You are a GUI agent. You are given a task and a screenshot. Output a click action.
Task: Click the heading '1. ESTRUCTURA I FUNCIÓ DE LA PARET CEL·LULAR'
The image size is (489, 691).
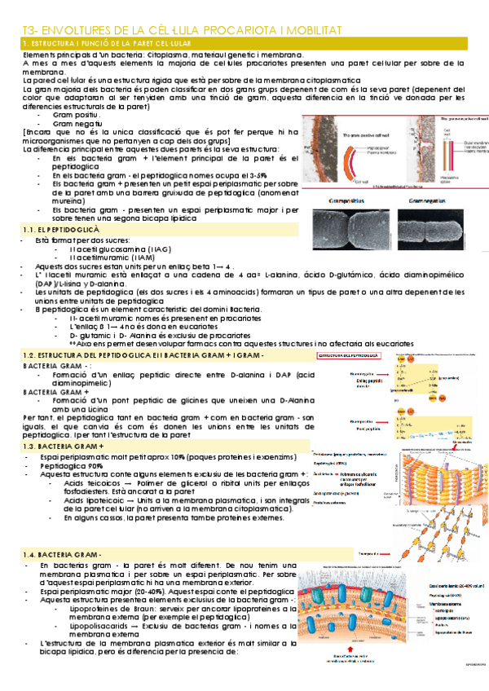point(108,42)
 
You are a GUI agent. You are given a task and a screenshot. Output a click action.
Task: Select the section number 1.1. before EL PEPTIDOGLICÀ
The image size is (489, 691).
point(32,231)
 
